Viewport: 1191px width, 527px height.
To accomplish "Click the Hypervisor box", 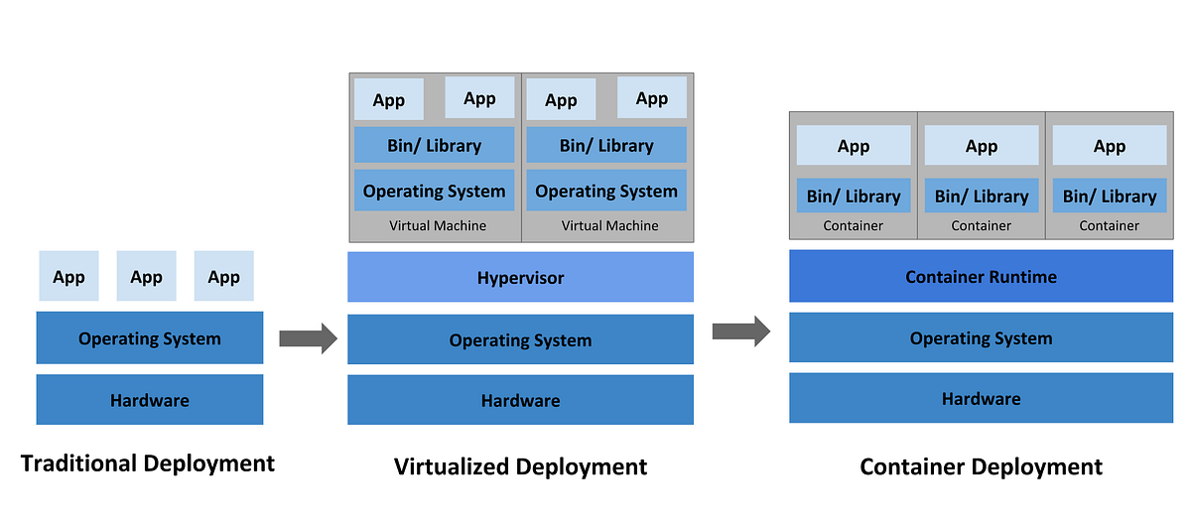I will [520, 277].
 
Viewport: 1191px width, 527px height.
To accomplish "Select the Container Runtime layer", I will [981, 276].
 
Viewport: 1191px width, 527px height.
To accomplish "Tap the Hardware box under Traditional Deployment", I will [150, 400].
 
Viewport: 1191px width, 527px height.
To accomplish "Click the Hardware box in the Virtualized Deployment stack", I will [520, 400].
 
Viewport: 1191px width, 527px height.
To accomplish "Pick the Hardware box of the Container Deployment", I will [981, 398].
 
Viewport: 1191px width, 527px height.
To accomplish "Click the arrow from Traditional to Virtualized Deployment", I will [308, 338].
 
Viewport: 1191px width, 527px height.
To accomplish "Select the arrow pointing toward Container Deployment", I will [740, 330].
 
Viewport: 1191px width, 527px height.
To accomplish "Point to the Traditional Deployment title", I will [147, 462].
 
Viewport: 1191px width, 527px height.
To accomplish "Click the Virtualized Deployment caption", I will [520, 465].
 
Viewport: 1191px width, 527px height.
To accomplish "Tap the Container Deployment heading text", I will [981, 465].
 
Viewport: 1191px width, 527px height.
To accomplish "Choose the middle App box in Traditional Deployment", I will [146, 276].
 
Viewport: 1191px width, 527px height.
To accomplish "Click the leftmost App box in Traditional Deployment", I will [68, 276].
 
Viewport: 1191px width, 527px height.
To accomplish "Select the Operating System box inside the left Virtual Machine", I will [434, 191].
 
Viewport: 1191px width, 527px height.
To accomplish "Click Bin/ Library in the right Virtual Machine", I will [606, 145].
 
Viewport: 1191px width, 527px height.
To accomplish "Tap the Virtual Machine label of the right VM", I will [609, 225].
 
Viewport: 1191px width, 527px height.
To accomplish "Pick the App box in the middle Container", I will [981, 146].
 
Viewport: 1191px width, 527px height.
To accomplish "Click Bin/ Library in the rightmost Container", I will [1109, 196].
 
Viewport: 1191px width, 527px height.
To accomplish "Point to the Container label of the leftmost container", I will [853, 225].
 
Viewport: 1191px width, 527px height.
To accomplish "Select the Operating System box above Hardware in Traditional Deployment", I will [150, 337].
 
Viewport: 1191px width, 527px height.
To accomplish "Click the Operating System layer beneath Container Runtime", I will [981, 337].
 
